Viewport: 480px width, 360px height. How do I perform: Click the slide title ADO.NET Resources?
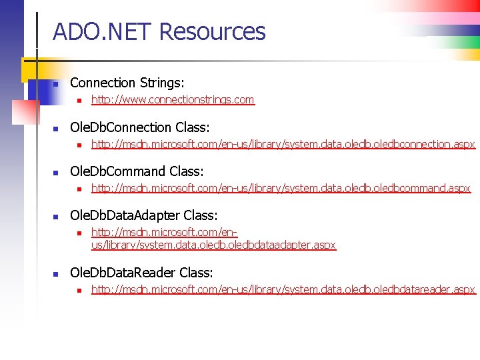[x=159, y=31]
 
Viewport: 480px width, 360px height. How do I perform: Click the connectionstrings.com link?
[x=173, y=100]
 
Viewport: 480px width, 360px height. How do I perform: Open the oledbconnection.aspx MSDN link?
[x=283, y=144]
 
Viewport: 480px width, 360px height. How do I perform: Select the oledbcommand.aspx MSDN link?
[x=281, y=189]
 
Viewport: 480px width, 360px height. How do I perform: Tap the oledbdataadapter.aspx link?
[x=213, y=239]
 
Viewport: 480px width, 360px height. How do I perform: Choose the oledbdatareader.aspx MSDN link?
[x=283, y=289]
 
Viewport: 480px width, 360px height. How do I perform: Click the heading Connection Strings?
[x=127, y=83]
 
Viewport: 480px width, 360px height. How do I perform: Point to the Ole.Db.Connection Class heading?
[x=140, y=127]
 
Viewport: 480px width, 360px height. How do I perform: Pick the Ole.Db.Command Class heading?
[x=137, y=171]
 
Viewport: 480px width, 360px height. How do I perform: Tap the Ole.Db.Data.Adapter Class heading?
[x=144, y=216]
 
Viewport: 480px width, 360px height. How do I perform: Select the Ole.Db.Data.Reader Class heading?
[x=141, y=273]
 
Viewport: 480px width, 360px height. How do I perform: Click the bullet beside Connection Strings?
[x=57, y=84]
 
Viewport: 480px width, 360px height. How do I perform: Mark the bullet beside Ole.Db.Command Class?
[x=57, y=173]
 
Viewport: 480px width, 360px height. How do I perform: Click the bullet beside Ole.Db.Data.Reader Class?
[x=57, y=274]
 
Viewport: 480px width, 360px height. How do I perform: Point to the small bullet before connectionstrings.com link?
[x=79, y=101]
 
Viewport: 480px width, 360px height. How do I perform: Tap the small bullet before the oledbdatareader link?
[x=79, y=290]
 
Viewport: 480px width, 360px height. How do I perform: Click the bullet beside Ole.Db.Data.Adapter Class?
[x=57, y=217]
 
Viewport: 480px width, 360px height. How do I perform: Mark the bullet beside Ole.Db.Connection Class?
[x=57, y=129]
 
